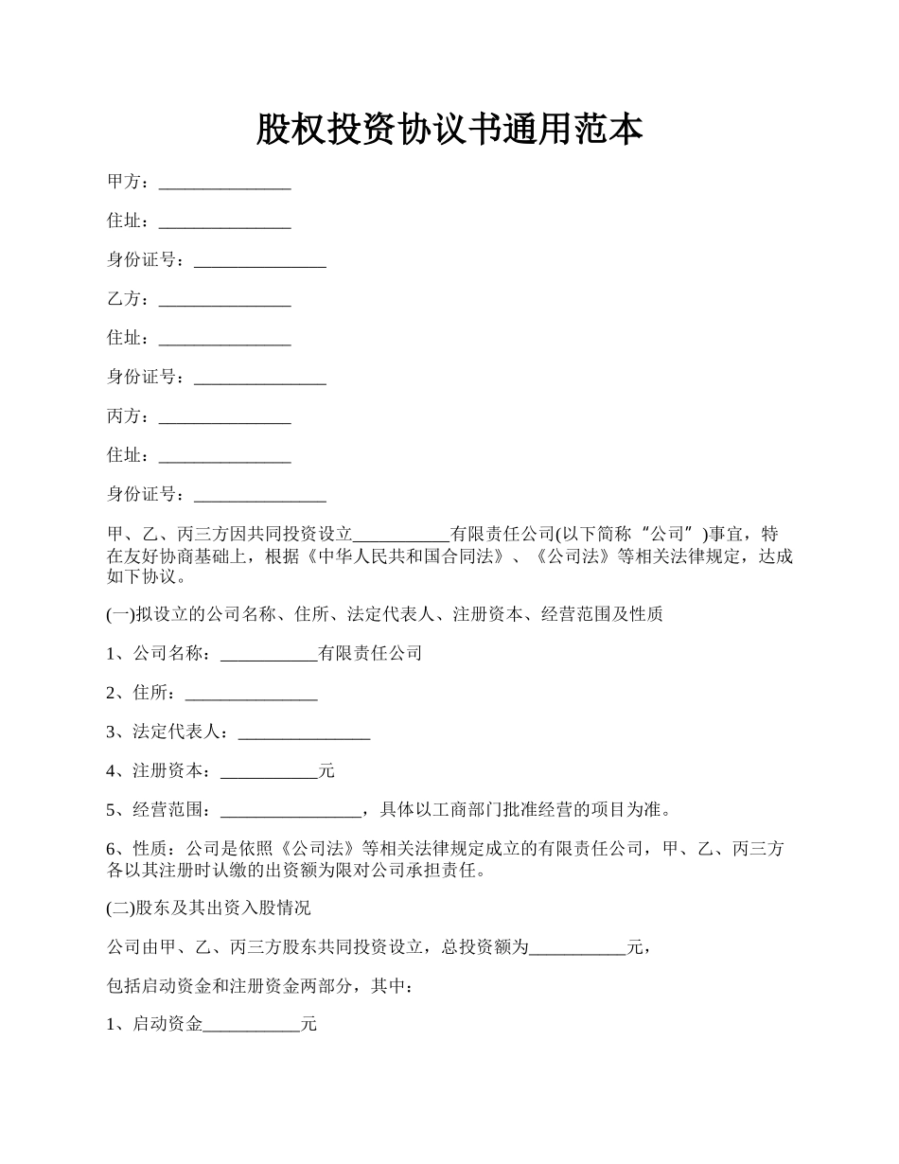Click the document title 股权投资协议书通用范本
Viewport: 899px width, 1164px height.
coord(449,131)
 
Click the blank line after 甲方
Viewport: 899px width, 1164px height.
coord(224,183)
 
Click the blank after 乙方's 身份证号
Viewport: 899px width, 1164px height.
coord(259,378)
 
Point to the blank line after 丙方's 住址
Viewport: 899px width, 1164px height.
coord(224,456)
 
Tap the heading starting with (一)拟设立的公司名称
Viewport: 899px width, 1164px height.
coord(384,614)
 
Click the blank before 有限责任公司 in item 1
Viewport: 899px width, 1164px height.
coord(269,654)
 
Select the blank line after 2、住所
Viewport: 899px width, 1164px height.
coord(251,694)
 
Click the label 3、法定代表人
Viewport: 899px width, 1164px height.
coord(167,732)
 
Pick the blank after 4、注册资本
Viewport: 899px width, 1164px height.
coord(269,772)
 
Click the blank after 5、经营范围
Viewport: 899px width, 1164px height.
coord(290,811)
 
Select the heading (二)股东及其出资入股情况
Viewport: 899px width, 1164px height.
coord(208,908)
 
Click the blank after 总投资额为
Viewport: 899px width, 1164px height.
coord(577,948)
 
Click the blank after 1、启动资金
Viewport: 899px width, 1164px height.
coord(251,1026)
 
